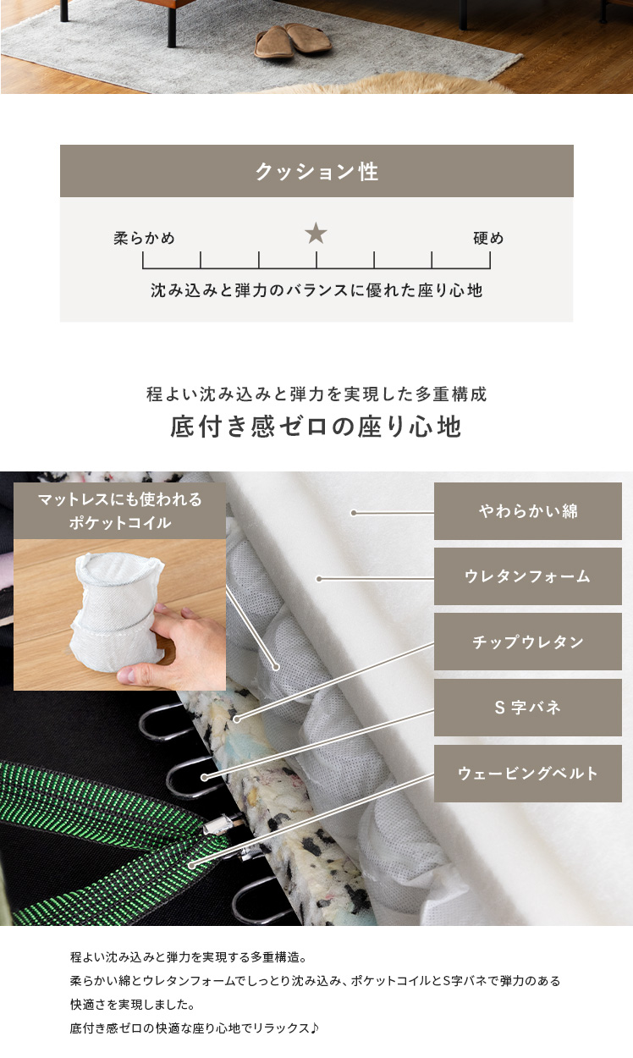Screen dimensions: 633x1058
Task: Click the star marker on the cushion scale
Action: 316,234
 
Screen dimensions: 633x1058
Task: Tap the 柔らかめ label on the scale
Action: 144,238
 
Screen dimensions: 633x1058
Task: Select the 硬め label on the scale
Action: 488,238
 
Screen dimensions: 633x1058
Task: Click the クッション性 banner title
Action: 316,171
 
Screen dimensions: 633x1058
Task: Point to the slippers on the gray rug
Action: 294,41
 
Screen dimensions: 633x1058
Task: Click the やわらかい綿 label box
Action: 528,511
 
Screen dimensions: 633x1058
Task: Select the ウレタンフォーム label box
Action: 528,576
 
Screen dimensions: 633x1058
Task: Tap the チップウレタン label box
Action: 528,642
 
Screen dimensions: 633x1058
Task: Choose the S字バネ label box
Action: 528,708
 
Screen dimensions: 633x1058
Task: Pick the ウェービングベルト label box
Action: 528,774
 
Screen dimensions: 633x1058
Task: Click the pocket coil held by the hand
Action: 118,609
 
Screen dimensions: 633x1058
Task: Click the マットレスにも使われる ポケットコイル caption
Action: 119,511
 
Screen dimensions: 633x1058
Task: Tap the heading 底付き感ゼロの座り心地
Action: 316,426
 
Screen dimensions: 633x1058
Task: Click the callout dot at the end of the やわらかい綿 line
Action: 354,513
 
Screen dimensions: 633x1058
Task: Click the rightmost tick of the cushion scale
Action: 490,260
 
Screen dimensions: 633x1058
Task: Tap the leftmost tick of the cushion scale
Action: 143,260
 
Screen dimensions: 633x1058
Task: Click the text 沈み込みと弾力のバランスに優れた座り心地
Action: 316,290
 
